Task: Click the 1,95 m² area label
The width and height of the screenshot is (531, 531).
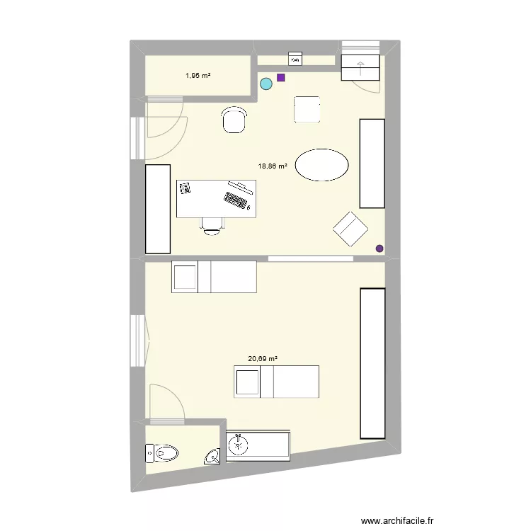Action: tap(198, 75)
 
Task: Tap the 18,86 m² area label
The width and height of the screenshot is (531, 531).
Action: tap(273, 166)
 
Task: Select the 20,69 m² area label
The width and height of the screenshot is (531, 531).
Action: tap(262, 359)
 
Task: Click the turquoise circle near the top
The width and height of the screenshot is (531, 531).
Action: tap(266, 84)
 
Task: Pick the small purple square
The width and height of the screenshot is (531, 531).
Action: tap(281, 77)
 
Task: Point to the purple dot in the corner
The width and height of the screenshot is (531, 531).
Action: tap(379, 249)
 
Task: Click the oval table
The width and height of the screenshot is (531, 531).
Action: tap(321, 166)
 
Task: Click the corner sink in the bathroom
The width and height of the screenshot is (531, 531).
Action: tap(214, 457)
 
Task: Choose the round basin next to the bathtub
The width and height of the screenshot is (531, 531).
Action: tap(239, 445)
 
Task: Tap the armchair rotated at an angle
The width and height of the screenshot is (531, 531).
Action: tap(351, 228)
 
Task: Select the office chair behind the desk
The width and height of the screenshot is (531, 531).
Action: tap(212, 225)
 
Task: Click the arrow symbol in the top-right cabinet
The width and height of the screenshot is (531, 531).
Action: tap(361, 67)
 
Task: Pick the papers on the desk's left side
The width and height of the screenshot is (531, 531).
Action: tap(186, 188)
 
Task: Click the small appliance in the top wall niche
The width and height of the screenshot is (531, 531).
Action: tap(295, 59)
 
